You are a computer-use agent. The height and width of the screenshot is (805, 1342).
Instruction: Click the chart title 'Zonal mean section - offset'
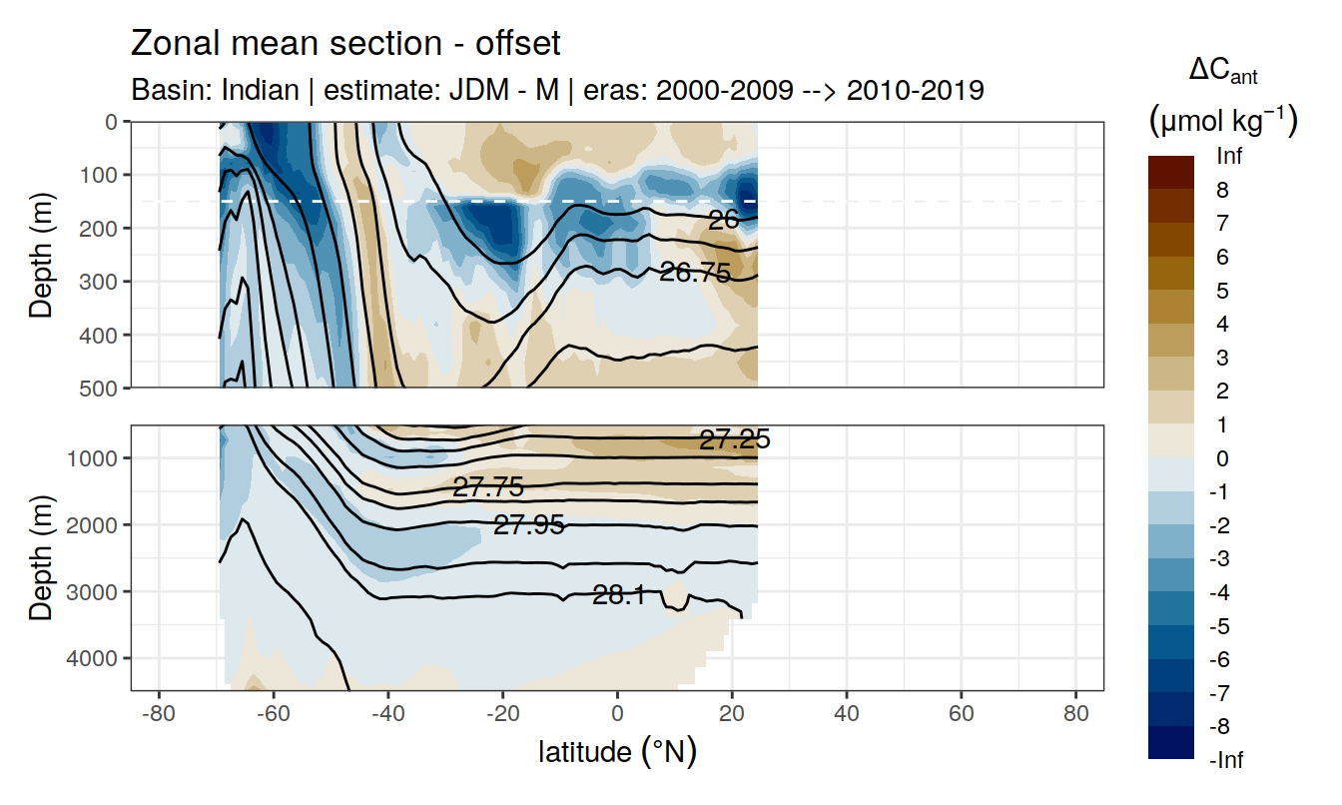[x=345, y=44]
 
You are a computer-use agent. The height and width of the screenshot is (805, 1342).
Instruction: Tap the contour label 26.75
[x=695, y=272]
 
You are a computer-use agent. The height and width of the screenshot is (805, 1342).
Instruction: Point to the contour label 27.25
[x=734, y=439]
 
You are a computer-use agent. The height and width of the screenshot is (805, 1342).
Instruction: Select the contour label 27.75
[x=488, y=487]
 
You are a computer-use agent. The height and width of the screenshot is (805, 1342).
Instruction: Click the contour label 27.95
[x=529, y=524]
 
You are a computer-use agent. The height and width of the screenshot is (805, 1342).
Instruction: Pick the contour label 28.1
[x=618, y=596]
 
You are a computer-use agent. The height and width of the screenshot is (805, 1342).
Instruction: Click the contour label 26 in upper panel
[x=723, y=220]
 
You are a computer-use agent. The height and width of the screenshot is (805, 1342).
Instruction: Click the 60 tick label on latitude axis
[x=961, y=716]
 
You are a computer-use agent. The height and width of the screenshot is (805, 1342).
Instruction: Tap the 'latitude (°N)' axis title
[x=617, y=751]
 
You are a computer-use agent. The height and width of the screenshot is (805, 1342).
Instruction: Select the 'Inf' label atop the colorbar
[x=1229, y=157]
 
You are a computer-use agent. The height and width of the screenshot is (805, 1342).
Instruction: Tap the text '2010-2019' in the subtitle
[x=916, y=90]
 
